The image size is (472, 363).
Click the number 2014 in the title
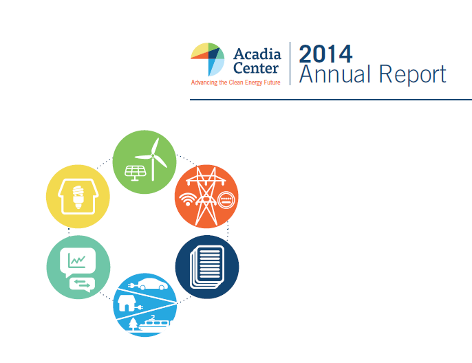(326, 54)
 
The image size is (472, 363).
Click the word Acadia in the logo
(256, 54)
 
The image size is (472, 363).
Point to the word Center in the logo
(256, 68)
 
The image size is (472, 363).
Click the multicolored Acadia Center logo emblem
(208, 59)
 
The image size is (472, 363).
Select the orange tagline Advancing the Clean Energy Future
(235, 82)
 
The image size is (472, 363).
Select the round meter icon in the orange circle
(226, 200)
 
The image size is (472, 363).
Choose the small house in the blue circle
(127, 303)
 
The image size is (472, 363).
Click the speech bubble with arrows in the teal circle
(81, 283)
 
